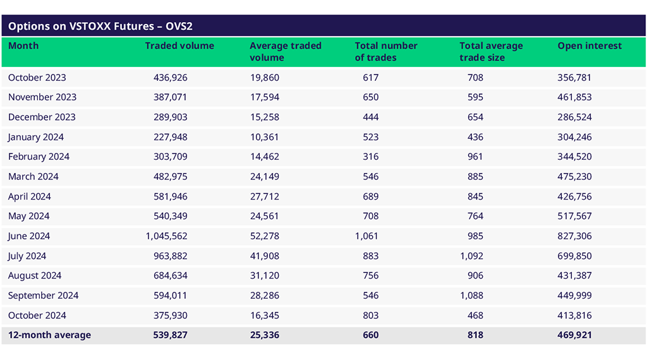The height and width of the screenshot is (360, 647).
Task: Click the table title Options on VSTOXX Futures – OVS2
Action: pyautogui.click(x=100, y=26)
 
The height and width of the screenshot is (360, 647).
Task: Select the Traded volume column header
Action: pyautogui.click(x=179, y=46)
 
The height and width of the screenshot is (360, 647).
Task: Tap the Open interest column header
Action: pyautogui.click(x=590, y=46)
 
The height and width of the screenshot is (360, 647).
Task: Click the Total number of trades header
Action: pyautogui.click(x=386, y=52)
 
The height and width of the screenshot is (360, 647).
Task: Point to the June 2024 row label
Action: pyautogui.click(x=29, y=236)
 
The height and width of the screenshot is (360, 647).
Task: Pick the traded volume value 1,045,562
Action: pyautogui.click(x=166, y=236)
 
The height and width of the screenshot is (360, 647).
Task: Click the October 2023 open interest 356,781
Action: pyautogui.click(x=574, y=78)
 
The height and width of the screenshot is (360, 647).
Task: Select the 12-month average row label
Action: pyautogui.click(x=49, y=335)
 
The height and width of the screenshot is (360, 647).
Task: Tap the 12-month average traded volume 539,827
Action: pyautogui.click(x=170, y=335)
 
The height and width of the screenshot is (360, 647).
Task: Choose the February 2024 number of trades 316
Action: pyautogui.click(x=370, y=157)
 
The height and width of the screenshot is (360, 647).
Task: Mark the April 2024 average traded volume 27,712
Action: pyautogui.click(x=264, y=196)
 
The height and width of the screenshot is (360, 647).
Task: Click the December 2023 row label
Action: pyautogui.click(x=42, y=117)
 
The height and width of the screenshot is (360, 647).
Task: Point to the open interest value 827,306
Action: pyautogui.click(x=574, y=236)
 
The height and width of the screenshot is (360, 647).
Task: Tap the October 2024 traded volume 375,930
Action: pyautogui.click(x=170, y=316)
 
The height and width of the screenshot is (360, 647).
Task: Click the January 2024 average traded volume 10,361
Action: pyautogui.click(x=264, y=137)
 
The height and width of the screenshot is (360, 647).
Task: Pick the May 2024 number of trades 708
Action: pyautogui.click(x=370, y=216)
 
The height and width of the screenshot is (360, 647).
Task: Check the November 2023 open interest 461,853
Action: pyautogui.click(x=574, y=97)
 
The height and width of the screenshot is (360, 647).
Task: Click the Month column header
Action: pyautogui.click(x=23, y=46)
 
